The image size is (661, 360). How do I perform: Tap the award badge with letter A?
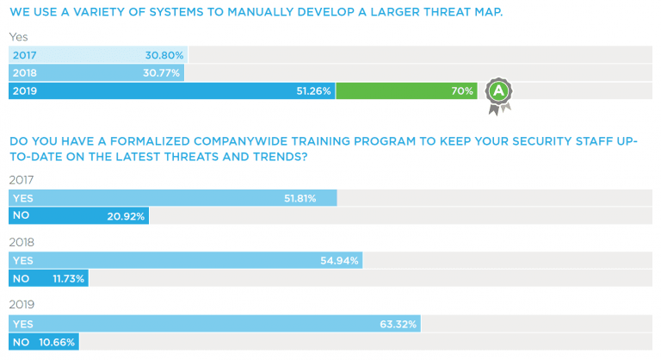(498, 92)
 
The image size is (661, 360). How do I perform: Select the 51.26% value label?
(315, 91)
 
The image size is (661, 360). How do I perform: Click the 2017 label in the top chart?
(26, 55)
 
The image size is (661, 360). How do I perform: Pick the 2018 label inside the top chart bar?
(26, 73)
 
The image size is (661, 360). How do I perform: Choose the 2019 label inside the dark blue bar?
(26, 91)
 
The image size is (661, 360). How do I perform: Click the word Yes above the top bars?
(18, 37)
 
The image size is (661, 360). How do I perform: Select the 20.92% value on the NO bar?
(127, 216)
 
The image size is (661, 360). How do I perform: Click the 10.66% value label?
(57, 342)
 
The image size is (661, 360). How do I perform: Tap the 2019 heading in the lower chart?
(22, 305)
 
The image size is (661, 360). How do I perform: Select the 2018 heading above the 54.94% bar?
(22, 242)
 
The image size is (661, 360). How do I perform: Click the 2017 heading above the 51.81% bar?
(22, 179)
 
